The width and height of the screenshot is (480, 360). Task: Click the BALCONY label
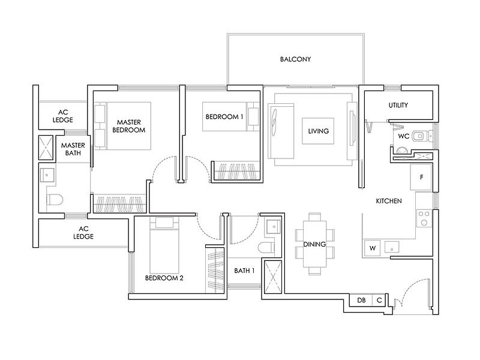click(x=295, y=59)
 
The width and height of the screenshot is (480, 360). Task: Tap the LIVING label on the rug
click(x=319, y=131)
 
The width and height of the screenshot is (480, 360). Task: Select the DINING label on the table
click(x=314, y=244)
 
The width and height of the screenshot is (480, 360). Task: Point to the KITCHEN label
click(x=389, y=201)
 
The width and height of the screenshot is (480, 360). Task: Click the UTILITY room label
click(x=398, y=105)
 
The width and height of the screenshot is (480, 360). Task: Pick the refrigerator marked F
click(x=421, y=177)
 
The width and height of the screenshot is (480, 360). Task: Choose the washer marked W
click(x=373, y=248)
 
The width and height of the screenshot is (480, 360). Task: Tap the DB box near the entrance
click(x=361, y=300)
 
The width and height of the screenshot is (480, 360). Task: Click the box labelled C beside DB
click(x=379, y=300)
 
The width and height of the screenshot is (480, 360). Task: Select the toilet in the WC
click(x=419, y=136)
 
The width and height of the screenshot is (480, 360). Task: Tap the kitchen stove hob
click(x=424, y=218)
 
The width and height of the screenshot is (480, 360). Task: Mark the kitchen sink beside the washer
click(x=392, y=247)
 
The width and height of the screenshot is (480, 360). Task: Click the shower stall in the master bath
click(x=46, y=148)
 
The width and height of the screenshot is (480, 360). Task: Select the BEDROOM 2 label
click(x=164, y=278)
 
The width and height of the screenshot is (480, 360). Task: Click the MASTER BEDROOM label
click(x=129, y=126)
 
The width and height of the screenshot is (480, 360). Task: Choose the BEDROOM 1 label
click(x=224, y=116)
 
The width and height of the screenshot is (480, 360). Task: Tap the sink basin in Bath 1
click(x=274, y=227)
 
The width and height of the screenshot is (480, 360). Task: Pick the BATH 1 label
click(x=244, y=271)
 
